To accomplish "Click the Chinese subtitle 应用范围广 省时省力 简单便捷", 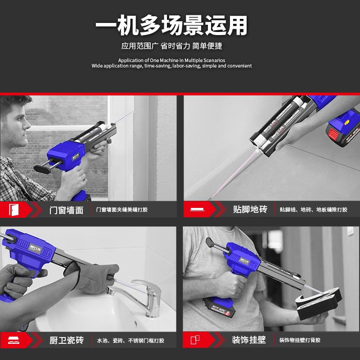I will coord(171,46).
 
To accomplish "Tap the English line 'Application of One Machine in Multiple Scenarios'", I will coord(171,60).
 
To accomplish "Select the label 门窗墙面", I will coord(66,210).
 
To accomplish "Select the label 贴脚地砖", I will coord(250,210).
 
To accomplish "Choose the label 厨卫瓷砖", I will coord(66,340).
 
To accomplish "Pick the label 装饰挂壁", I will coord(248,340).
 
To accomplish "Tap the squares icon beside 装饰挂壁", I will coord(195,340).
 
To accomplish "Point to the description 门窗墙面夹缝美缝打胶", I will coord(122,210).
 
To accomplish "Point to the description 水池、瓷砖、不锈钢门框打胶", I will coord(130,340).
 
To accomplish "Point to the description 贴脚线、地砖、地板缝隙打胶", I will coord(313,210).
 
